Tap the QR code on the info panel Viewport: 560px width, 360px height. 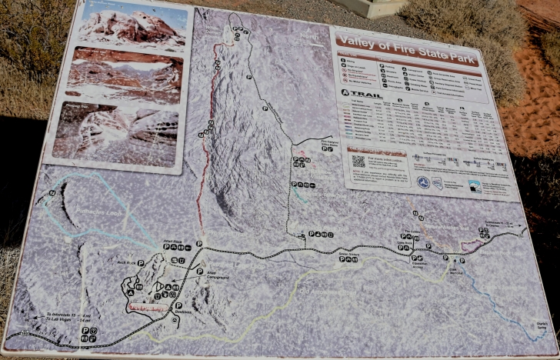point(358,162)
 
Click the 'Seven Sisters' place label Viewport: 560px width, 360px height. point(349,252)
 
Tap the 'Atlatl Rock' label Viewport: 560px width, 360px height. point(172,241)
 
